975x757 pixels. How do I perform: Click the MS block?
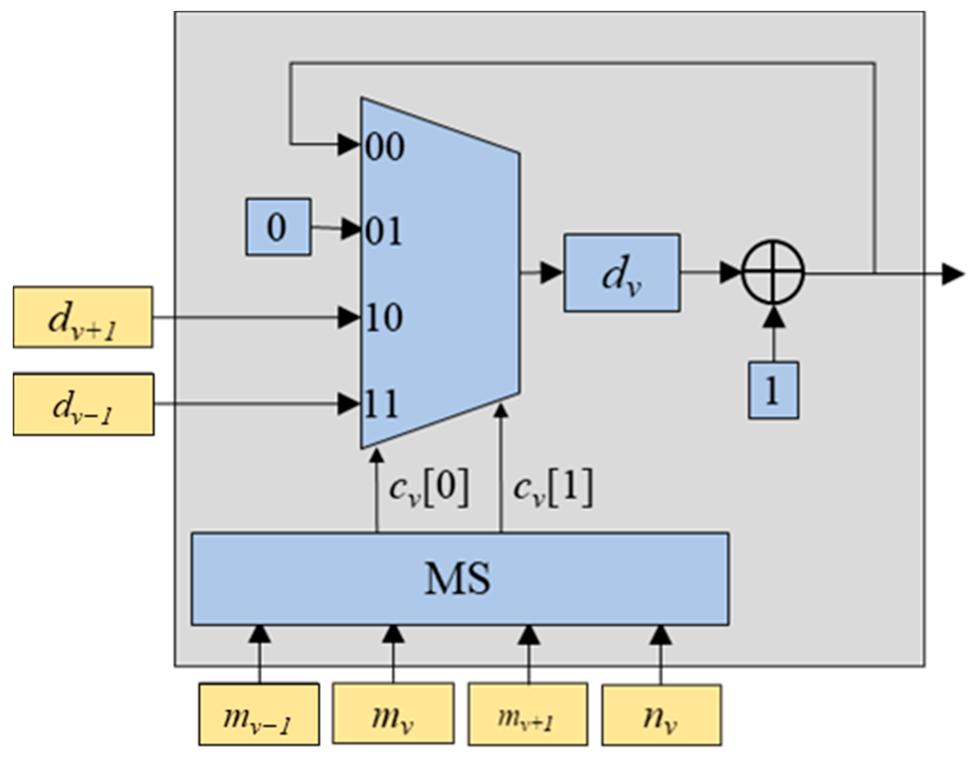[459, 578]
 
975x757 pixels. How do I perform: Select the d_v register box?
[621, 273]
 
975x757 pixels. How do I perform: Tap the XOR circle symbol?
[773, 273]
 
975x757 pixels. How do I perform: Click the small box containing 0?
[278, 227]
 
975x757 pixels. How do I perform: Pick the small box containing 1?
[773, 390]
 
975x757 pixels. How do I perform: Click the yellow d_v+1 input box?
[83, 317]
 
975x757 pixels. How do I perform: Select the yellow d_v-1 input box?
[83, 404]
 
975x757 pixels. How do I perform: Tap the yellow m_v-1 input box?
[259, 714]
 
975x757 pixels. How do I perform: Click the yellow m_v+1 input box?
[527, 714]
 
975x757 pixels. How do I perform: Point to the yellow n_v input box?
[661, 714]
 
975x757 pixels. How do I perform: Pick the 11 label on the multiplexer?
[382, 404]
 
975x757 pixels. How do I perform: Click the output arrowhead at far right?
[953, 274]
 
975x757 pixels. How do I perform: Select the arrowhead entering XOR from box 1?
[773, 317]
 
